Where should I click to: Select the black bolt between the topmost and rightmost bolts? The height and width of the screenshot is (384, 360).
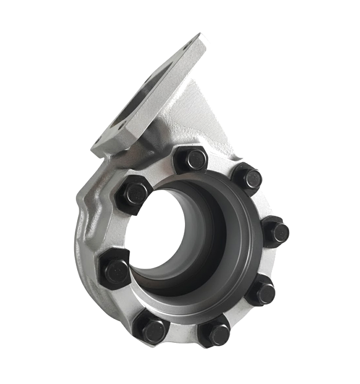[247, 178]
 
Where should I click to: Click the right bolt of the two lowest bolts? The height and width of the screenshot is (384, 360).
[214, 333]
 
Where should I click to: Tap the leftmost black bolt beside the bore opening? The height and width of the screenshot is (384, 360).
[116, 269]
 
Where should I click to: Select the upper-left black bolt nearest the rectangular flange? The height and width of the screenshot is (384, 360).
[133, 194]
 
